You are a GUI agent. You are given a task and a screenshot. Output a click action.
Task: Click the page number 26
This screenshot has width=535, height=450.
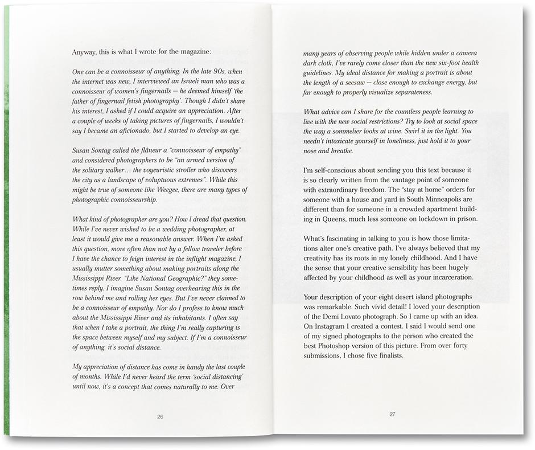click(160, 417)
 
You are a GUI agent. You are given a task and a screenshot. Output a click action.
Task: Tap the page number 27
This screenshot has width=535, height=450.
click(392, 414)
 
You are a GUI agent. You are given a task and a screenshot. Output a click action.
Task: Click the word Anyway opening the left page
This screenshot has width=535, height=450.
click(85, 52)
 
